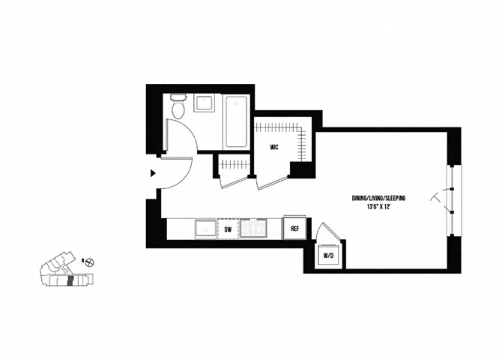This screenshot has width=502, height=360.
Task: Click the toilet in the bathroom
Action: click(x=178, y=106)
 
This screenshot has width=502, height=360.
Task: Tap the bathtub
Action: click(x=236, y=121)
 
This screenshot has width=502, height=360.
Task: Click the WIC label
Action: click(x=274, y=148)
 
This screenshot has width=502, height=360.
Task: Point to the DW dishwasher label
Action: click(x=228, y=229)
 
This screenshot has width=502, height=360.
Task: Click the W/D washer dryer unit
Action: click(x=328, y=256)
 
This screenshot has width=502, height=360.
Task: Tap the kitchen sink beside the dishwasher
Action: click(x=205, y=229)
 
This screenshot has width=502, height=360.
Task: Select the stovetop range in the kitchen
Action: click(x=253, y=228)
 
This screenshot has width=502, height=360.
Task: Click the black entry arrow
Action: click(x=153, y=173)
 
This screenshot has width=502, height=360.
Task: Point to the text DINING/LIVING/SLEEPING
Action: click(x=378, y=198)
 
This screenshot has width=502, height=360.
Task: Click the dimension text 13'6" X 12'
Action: click(x=379, y=207)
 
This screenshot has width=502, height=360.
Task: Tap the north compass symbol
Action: click(x=91, y=262)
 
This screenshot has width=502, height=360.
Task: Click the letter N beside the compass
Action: click(x=82, y=261)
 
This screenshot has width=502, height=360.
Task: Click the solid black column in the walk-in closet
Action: click(x=300, y=170)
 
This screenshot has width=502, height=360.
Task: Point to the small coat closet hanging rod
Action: click(x=235, y=165)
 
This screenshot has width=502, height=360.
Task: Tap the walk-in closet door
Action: click(x=272, y=182)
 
